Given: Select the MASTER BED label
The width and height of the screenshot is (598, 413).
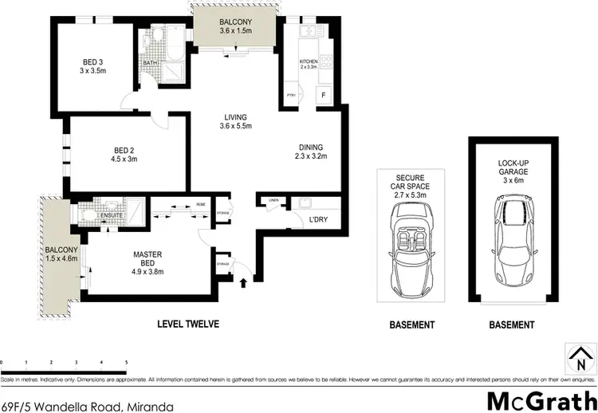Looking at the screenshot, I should coord(148,259).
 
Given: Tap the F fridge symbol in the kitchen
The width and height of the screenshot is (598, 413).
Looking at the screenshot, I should coord(324,96).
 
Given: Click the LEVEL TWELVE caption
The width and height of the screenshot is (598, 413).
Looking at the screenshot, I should coord(187,324).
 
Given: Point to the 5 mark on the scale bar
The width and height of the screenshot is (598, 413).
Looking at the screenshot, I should coord(125,361).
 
